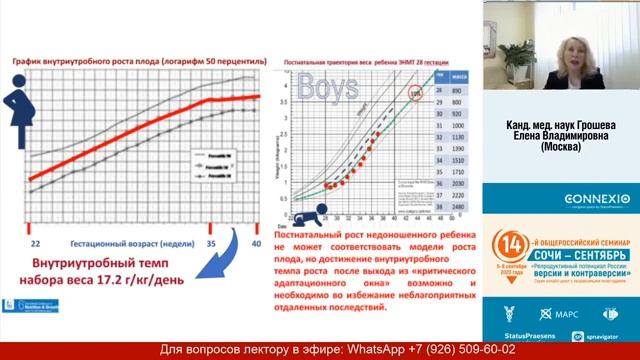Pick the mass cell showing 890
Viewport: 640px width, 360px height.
pos(455,90)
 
